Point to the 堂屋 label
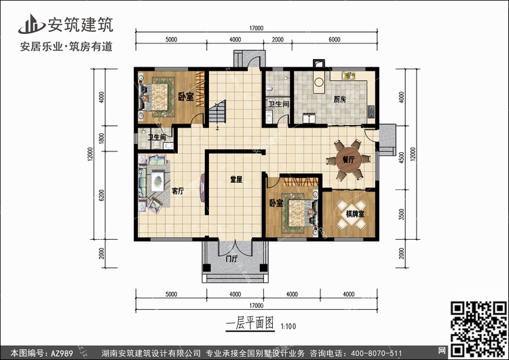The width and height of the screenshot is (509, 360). [236, 179]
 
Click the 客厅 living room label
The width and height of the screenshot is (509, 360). [178, 192]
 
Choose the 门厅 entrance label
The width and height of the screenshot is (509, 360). [230, 259]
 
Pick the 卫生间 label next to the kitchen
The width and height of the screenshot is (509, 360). [279, 104]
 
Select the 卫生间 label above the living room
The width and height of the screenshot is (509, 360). [157, 138]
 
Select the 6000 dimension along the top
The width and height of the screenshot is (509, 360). [334, 40]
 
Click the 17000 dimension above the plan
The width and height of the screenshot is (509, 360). [256, 29]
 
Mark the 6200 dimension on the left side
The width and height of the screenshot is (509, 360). [101, 197]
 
